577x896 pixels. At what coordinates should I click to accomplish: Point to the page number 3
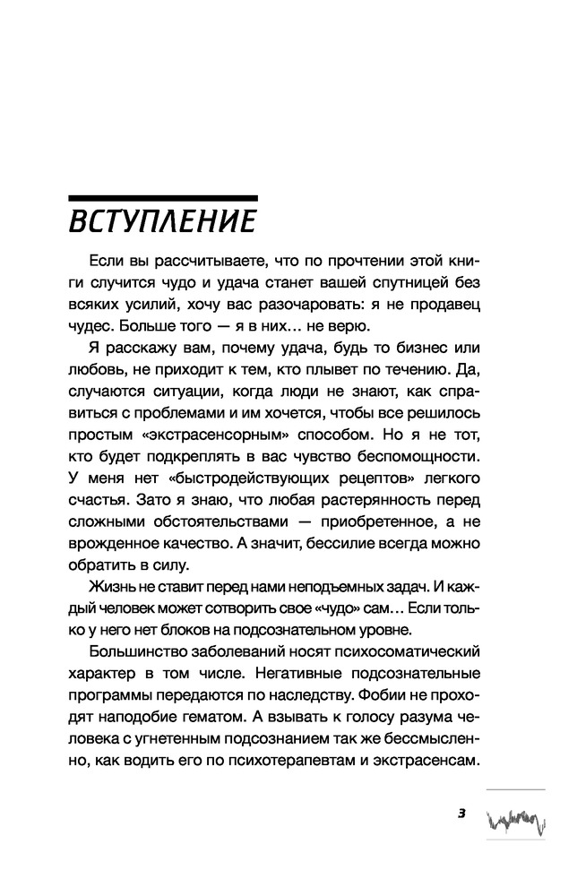[461, 814]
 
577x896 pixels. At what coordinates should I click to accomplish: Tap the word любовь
[97, 367]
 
